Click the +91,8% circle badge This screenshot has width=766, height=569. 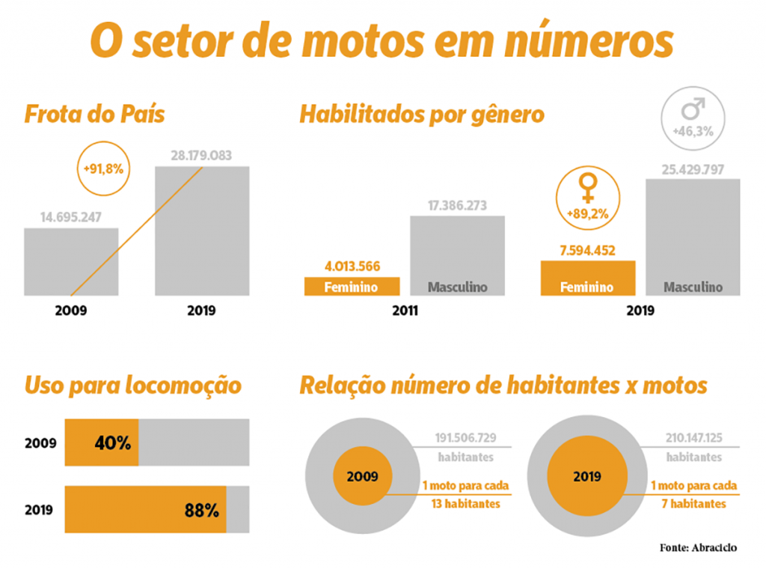(103, 168)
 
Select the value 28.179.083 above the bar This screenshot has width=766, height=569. (201, 156)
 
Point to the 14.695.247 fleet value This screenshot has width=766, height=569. (71, 218)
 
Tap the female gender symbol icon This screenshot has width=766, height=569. (589, 187)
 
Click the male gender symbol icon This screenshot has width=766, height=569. (693, 111)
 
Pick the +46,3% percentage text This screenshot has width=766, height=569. (693, 131)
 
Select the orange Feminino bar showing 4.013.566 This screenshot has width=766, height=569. (352, 286)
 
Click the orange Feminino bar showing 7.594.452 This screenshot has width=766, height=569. (588, 278)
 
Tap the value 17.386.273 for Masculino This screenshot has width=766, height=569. (457, 205)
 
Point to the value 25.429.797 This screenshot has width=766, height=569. (693, 168)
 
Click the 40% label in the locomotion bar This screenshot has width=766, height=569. (113, 442)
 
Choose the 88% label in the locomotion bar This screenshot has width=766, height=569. (202, 511)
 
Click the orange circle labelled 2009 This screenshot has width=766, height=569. (362, 476)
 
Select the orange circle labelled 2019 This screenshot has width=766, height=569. (587, 476)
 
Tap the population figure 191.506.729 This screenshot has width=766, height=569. (465, 438)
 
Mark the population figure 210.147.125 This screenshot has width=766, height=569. (693, 438)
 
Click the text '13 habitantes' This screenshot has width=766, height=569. (465, 504)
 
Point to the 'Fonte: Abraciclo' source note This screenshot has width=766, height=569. (698, 547)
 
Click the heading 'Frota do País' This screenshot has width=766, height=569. (94, 115)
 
